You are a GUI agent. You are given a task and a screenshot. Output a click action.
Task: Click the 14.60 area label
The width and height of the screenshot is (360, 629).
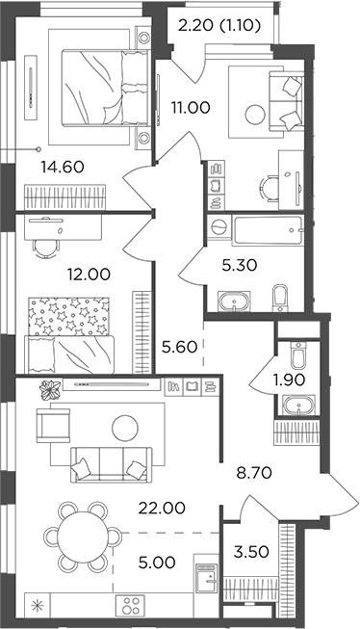[x=62, y=166]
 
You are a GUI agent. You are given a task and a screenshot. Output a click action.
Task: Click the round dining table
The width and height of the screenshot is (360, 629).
[x=82, y=536]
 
